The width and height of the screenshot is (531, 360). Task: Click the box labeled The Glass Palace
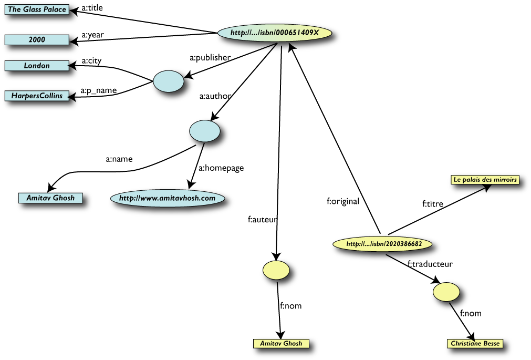click(x=37, y=9)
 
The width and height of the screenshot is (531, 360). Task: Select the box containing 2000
click(x=37, y=39)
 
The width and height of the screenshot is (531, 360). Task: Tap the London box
click(x=37, y=66)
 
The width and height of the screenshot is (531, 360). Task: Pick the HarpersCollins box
click(x=37, y=96)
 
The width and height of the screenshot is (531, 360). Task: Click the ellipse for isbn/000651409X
click(x=275, y=33)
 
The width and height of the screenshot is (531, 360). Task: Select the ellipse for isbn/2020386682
click(x=384, y=244)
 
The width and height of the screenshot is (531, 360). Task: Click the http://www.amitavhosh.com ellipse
click(x=168, y=198)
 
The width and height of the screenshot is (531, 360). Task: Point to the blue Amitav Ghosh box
click(x=50, y=198)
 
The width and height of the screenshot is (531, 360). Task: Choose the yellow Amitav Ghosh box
click(x=281, y=343)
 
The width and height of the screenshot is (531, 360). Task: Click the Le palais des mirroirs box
click(x=485, y=180)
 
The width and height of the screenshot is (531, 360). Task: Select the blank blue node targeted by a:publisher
click(x=169, y=82)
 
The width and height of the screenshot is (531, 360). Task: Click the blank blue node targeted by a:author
click(x=204, y=130)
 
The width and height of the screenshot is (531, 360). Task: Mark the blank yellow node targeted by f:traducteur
click(x=446, y=291)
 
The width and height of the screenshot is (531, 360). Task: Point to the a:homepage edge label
click(x=221, y=168)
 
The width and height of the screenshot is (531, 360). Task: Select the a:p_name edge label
click(x=99, y=91)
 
